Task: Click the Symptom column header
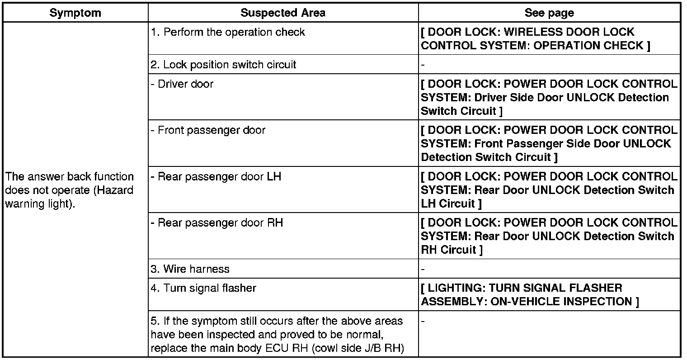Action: point(75,13)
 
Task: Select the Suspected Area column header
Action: point(282,13)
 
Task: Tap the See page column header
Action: point(549,13)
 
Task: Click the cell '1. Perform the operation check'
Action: point(228,33)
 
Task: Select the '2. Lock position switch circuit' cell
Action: point(223,65)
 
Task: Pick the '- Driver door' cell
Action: point(182,84)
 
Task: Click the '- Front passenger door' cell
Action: point(208,130)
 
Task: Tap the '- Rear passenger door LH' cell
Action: point(216,176)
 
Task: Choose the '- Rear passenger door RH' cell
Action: point(216,223)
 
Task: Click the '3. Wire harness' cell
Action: point(190,269)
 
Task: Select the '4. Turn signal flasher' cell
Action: point(203,288)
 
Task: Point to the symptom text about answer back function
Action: point(70,190)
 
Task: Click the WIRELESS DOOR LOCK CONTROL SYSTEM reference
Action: point(535,39)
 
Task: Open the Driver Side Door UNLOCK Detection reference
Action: point(549,98)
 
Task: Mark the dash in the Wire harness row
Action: point(423,270)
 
